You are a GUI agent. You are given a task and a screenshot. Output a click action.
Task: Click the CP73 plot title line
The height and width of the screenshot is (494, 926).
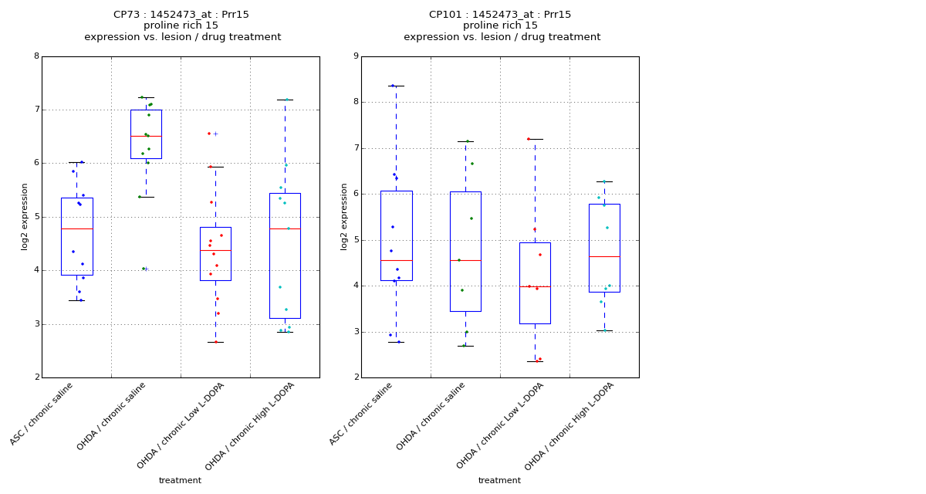(181, 15)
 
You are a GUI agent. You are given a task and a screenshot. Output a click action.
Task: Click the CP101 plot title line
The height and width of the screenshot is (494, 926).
(500, 15)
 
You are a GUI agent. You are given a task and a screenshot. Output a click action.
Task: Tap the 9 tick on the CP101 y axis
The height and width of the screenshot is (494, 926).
(355, 56)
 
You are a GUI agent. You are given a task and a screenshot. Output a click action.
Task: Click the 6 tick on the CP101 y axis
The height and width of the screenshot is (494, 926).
(355, 194)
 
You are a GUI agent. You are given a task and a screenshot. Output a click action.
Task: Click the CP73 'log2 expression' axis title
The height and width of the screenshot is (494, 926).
(25, 216)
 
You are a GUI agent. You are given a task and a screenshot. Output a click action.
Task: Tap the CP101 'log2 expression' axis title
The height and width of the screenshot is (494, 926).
(344, 216)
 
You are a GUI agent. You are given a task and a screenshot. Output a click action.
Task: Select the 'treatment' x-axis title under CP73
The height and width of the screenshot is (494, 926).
(180, 480)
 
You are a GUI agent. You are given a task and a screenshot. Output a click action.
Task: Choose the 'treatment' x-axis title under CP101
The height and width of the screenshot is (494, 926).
(499, 480)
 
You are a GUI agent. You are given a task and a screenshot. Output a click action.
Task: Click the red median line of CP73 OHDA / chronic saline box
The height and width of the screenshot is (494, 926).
(146, 136)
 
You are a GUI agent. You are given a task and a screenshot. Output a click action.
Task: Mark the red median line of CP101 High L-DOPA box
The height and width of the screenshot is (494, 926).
(604, 256)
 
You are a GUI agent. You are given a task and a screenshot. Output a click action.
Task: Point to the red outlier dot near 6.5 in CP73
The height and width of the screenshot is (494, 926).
(208, 134)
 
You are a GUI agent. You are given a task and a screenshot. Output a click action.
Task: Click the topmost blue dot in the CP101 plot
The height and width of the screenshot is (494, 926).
(393, 86)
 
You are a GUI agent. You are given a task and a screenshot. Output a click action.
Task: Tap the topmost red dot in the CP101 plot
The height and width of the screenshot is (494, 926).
(529, 139)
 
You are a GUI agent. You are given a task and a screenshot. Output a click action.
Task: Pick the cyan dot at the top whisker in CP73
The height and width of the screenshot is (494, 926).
(286, 100)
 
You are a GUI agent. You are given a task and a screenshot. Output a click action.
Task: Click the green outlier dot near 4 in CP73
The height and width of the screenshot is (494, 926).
(143, 269)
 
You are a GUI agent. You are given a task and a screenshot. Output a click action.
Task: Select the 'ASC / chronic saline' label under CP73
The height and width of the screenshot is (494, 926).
(42, 413)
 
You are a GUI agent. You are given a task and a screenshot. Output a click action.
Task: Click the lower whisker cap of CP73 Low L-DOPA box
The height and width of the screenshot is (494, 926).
(215, 342)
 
